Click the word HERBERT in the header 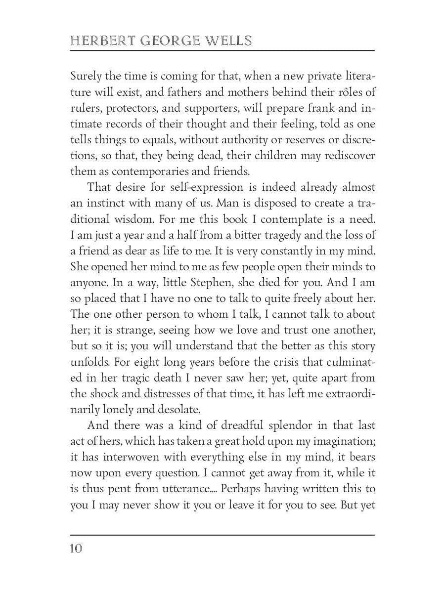click(96, 41)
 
